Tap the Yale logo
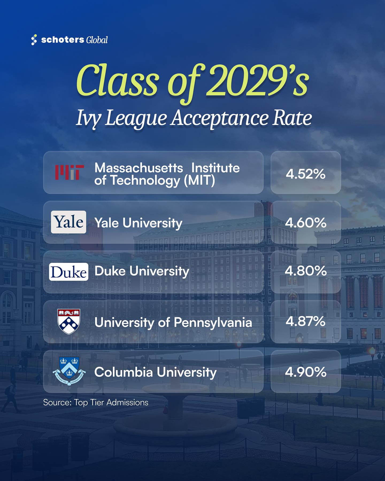click(x=69, y=222)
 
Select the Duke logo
click(x=69, y=272)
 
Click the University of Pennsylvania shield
click(x=69, y=322)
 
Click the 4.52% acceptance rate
click(x=306, y=174)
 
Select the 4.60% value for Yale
click(x=306, y=222)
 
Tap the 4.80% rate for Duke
click(x=306, y=271)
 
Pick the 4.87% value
click(x=306, y=321)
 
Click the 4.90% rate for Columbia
click(x=306, y=372)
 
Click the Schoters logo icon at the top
click(x=34, y=40)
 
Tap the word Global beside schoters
click(x=97, y=40)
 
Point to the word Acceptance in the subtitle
click(x=219, y=118)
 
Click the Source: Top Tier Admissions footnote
click(x=96, y=402)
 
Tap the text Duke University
click(x=142, y=271)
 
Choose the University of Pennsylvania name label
click(x=173, y=322)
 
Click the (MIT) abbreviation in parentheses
click(x=199, y=180)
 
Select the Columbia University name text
click(x=156, y=372)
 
